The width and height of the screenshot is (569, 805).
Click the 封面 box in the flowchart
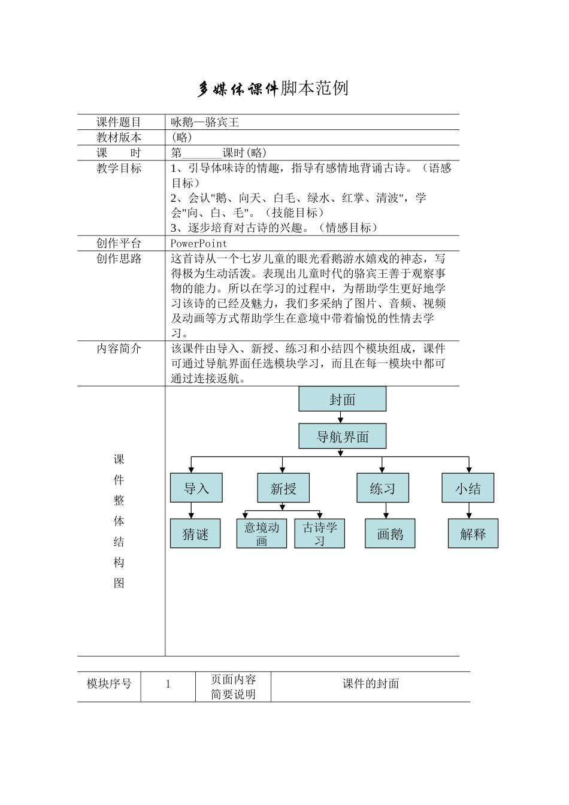[342, 399]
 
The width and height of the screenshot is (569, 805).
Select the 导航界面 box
[342, 437]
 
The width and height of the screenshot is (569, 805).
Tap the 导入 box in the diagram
[196, 488]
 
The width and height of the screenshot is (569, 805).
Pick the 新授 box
[284, 488]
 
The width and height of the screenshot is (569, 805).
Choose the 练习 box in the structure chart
[383, 488]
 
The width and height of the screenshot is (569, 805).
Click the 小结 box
[468, 488]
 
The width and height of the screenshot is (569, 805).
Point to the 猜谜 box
[195, 534]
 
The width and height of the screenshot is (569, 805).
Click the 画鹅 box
[390, 534]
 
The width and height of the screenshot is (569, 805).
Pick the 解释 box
[473, 534]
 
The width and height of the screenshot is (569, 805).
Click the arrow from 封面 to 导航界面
[342, 418]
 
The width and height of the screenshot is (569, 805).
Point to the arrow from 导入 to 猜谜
[192, 510]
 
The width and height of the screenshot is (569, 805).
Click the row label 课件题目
[119, 122]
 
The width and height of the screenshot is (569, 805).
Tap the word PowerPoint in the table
[199, 243]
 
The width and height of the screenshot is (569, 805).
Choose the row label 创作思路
[119, 259]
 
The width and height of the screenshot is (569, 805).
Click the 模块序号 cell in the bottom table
[109, 684]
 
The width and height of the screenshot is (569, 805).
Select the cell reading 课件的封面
[370, 684]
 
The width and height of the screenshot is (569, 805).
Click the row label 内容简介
[119, 349]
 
